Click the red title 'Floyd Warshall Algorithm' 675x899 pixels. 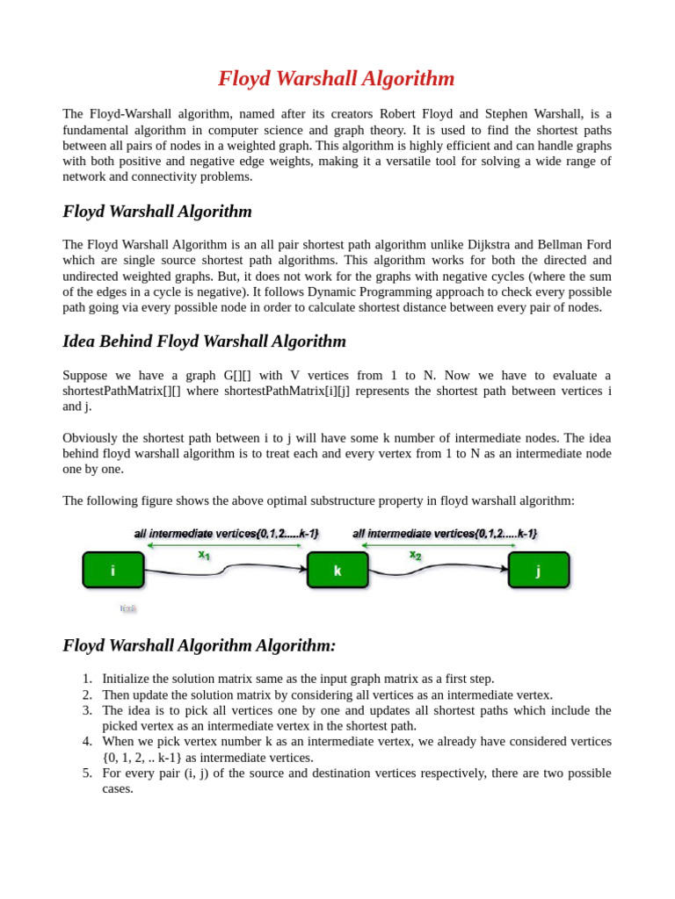(x=337, y=79)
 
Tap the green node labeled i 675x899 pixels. (x=113, y=570)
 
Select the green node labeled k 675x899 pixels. (x=337, y=570)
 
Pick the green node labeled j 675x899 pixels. (x=539, y=570)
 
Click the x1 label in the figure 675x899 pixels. (x=204, y=555)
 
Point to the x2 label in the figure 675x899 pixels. (x=415, y=555)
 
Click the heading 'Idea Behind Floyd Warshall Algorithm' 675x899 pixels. (x=204, y=342)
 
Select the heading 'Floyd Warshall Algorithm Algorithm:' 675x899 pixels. (x=199, y=645)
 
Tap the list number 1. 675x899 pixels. (x=86, y=679)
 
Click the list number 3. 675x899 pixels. (x=86, y=710)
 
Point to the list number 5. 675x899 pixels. (x=86, y=773)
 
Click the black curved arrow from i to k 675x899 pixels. (x=225, y=569)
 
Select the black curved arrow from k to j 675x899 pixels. (x=439, y=569)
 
